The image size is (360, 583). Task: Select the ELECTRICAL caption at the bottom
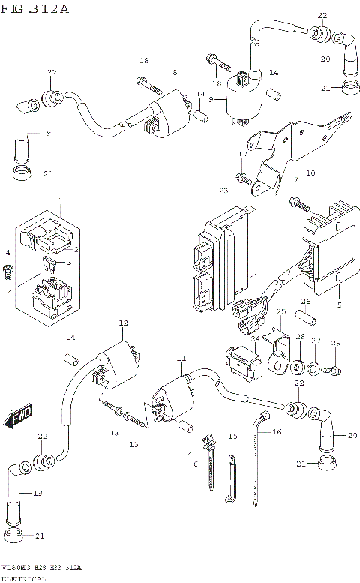pos(23,578)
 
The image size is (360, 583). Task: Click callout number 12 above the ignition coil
pos(123,323)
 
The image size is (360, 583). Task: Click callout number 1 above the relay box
pos(61,201)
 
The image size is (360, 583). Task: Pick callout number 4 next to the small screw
pos(8,253)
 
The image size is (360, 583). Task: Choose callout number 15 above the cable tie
pos(232,436)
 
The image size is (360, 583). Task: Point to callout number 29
pos(336,343)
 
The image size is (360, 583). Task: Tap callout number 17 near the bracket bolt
pos(241,154)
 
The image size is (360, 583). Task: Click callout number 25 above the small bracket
pos(281,311)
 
